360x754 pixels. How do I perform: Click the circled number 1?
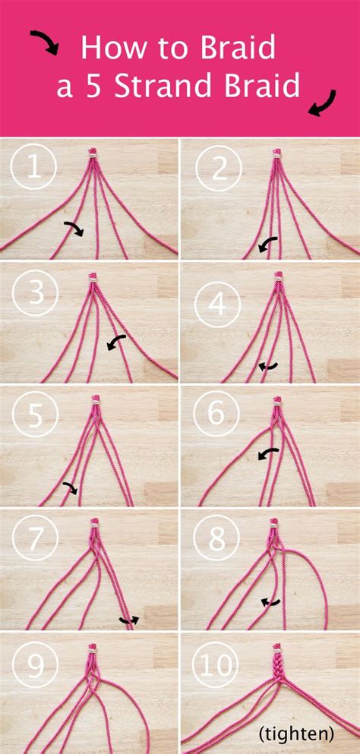[x=33, y=169]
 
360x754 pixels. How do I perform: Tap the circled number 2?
[x=219, y=169]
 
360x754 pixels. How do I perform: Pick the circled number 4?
[x=219, y=304]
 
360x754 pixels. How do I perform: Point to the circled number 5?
[x=33, y=415]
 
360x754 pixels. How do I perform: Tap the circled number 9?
[x=33, y=666]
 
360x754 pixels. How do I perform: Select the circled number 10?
[x=219, y=666]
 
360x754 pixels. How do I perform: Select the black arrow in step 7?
[x=129, y=620]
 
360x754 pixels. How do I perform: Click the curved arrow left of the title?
[x=45, y=43]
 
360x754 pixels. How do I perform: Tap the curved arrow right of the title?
[x=322, y=103]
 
